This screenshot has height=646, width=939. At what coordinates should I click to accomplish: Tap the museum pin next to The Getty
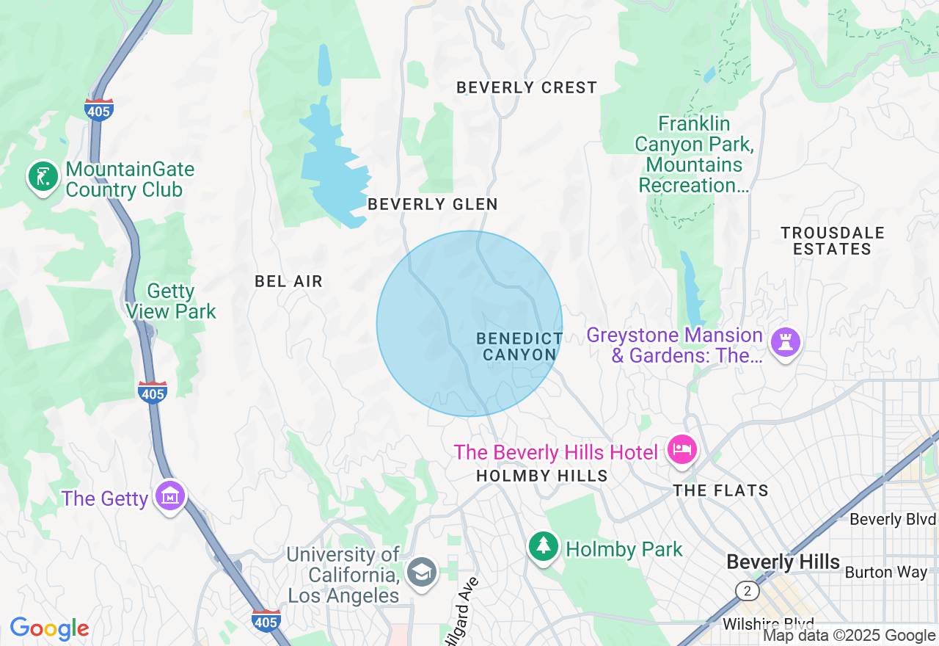171,497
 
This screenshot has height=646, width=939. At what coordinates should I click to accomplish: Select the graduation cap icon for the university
422,573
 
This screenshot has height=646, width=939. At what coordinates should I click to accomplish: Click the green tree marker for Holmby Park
543,547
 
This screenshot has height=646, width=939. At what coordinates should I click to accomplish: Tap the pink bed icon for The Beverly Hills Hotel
682,449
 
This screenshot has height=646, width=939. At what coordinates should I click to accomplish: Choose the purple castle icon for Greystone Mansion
785,343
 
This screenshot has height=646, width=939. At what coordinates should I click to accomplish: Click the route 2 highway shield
747,590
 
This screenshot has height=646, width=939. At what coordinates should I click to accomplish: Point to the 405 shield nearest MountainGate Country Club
98,110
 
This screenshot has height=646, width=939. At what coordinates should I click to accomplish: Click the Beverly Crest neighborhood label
527,88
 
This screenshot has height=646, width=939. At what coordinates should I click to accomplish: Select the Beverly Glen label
433,205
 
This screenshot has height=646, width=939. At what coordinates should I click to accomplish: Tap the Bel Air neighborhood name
288,281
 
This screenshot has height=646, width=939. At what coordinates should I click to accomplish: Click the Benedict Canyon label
519,346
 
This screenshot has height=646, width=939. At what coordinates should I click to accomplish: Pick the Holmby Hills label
541,476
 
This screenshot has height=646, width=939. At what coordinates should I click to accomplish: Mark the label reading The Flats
720,490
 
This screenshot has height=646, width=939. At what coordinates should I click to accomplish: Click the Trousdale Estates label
833,241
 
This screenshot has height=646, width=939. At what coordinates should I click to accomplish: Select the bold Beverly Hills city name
783,562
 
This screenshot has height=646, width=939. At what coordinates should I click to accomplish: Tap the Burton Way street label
886,572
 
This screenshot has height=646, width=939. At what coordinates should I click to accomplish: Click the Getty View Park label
171,302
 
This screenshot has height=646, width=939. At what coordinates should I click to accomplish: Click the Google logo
49,629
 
